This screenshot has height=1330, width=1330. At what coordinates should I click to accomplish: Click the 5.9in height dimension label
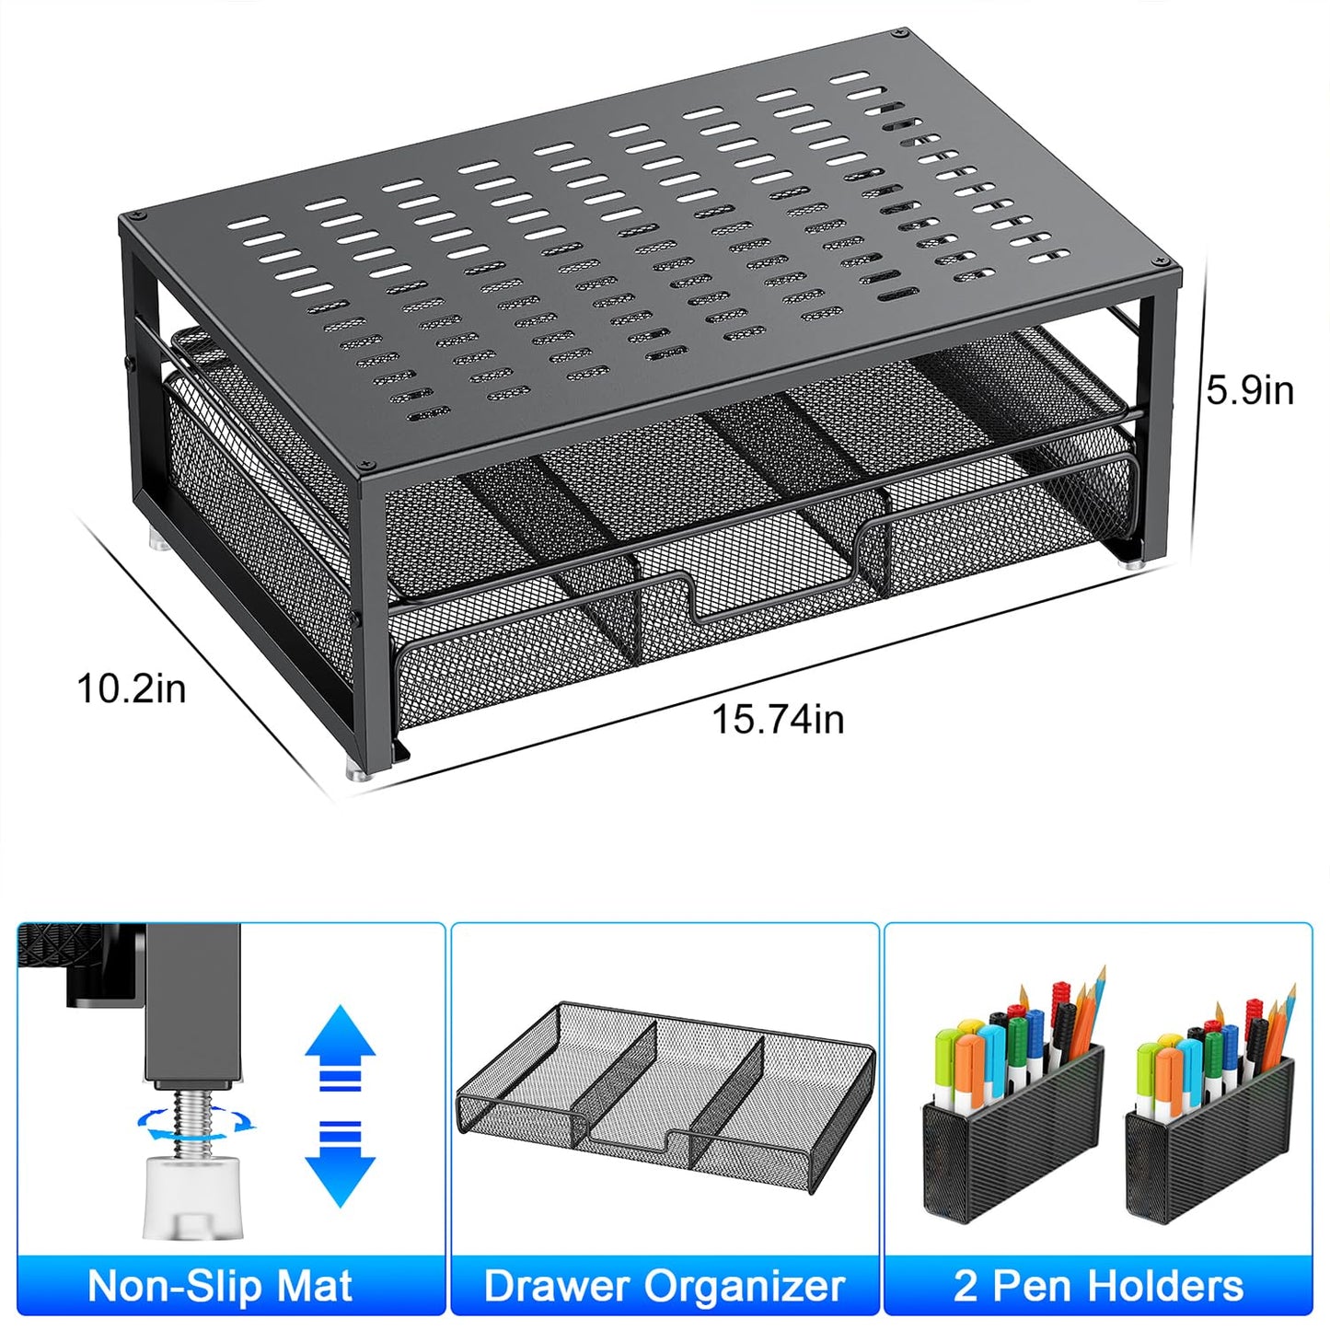[1249, 390]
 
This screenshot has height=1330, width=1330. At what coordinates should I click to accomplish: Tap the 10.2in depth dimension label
[131, 688]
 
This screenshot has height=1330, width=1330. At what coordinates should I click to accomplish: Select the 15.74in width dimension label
[778, 719]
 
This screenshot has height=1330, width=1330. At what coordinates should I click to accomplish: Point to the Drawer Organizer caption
[664, 1285]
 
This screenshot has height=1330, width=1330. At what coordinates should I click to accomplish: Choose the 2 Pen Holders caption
[1098, 1285]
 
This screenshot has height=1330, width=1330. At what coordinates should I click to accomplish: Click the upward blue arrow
[340, 1049]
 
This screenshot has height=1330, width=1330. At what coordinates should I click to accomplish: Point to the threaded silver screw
[192, 1119]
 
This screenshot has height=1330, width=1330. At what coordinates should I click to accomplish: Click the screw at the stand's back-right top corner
[897, 35]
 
